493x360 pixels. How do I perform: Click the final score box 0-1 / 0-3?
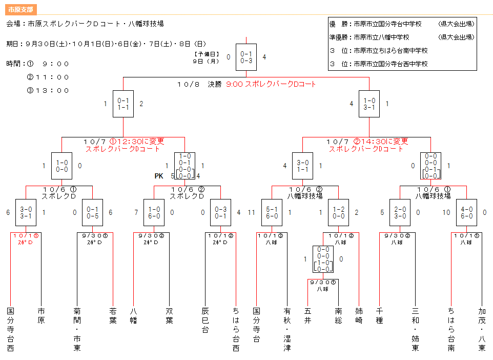coord(246,57)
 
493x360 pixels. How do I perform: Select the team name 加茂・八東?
coord(482,329)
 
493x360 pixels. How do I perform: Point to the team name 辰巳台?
coord(206,320)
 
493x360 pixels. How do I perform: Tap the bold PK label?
coord(159,176)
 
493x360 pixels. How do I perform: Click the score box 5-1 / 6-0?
coord(272,212)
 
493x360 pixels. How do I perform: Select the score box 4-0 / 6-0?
coord(466,212)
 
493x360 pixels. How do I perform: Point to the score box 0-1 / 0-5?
coord(92,212)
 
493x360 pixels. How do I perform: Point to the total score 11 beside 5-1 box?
coord(251,212)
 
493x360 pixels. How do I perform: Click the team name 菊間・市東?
coord(77,329)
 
